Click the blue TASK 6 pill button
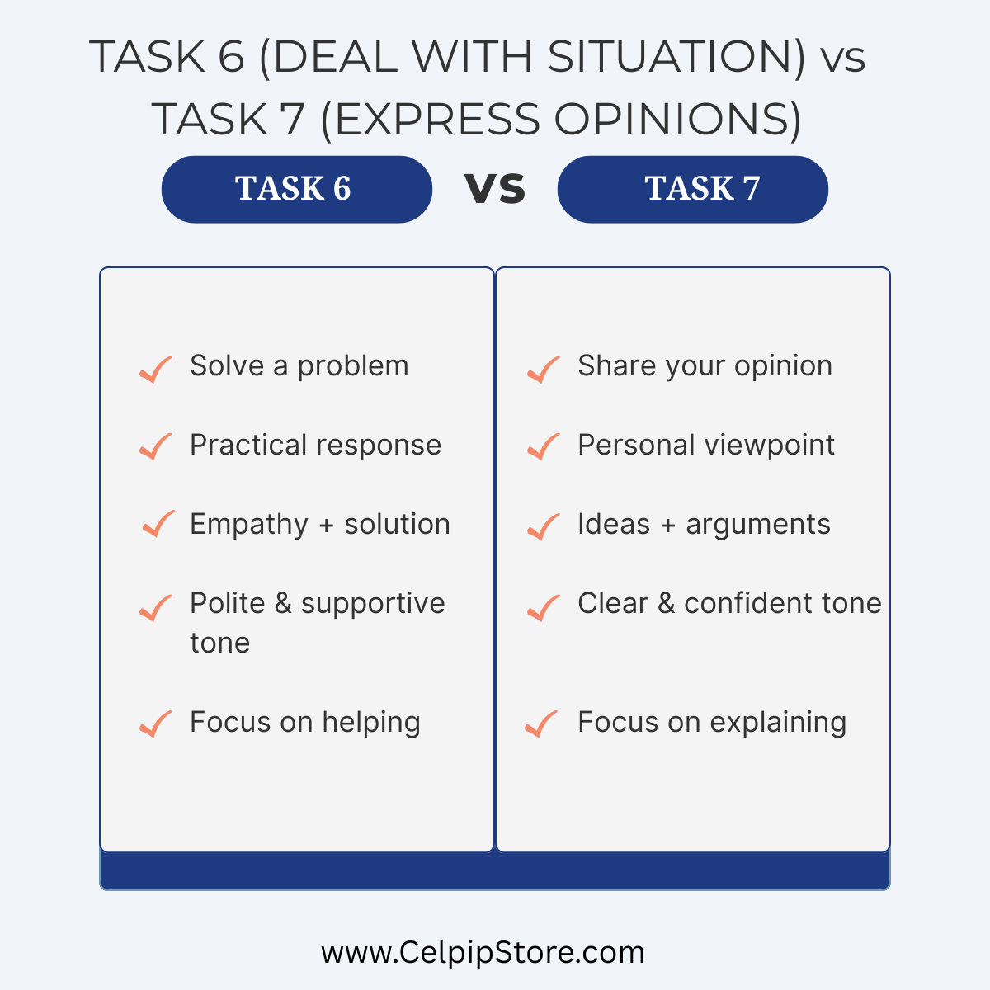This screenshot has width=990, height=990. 297,189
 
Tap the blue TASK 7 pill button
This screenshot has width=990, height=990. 692,189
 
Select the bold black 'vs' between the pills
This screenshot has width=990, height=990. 495,189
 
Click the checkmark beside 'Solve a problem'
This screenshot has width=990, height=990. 156,370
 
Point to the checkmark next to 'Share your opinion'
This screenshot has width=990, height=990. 544,370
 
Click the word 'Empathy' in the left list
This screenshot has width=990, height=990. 249,525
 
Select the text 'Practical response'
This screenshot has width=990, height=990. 315,445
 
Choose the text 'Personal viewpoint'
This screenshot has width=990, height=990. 706,445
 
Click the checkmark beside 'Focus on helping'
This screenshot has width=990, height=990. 156,724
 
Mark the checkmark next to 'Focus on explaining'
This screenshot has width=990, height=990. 541,724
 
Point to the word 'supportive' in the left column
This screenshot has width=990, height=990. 373,605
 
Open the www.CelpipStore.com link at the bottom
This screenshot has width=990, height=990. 483,953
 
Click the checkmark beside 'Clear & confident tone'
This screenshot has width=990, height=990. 544,608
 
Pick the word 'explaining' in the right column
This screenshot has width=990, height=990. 778,724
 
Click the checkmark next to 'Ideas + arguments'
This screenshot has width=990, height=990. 544,527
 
